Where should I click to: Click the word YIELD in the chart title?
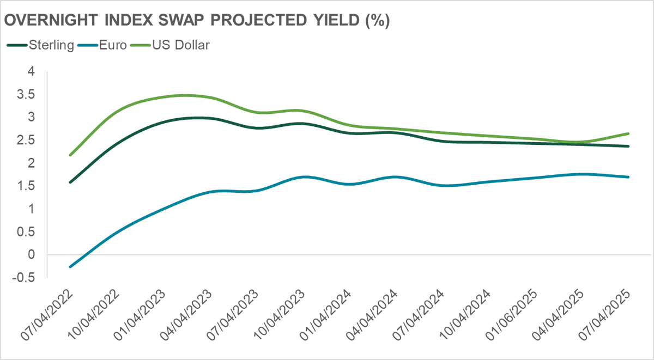click(335, 21)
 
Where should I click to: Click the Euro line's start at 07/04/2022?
click(70, 267)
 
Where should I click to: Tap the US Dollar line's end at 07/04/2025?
click(628, 133)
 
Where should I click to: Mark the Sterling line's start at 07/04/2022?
click(70, 182)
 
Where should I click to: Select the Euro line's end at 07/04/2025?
click(628, 177)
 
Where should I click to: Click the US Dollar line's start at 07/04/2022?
click(70, 155)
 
